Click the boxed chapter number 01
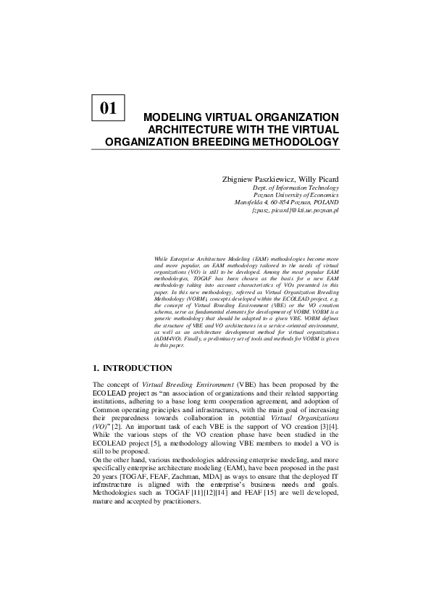(x=109, y=108)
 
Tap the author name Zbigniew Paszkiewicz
(x=255, y=178)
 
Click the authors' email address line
(x=295, y=211)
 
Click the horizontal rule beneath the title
(x=215, y=151)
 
